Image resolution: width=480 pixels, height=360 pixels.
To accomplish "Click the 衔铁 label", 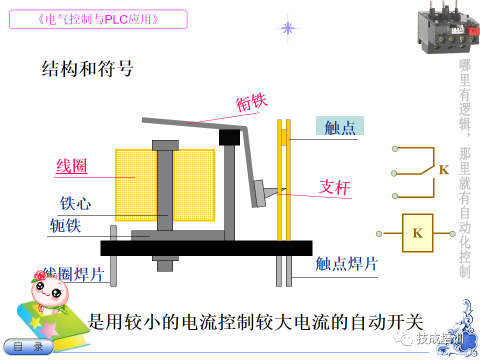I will click(252, 102).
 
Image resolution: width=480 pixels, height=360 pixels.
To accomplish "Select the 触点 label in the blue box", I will click(339, 127).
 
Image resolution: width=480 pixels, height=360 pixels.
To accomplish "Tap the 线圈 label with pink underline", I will click(71, 166).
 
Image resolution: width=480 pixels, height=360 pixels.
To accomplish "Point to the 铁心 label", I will click(75, 203).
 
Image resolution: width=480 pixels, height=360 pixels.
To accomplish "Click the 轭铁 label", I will click(65, 225).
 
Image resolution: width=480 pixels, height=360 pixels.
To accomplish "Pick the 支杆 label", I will click(334, 187).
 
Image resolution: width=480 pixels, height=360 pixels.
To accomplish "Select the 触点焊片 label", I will click(346, 263).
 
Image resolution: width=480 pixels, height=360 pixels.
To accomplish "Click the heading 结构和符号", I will click(87, 69).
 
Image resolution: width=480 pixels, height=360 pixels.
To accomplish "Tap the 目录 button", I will click(29, 346).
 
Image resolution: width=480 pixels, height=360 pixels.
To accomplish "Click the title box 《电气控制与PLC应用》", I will click(98, 19).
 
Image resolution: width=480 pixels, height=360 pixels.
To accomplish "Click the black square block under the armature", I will click(229, 137).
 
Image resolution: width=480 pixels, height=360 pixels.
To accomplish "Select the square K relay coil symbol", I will click(417, 233).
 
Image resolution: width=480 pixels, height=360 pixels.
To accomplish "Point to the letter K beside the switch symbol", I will click(444, 169).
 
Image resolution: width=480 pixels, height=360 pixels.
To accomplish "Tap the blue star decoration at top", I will click(287, 28).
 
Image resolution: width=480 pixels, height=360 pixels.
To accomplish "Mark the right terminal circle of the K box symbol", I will click(452, 233).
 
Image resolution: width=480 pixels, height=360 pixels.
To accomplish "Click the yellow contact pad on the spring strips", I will click(284, 136).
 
